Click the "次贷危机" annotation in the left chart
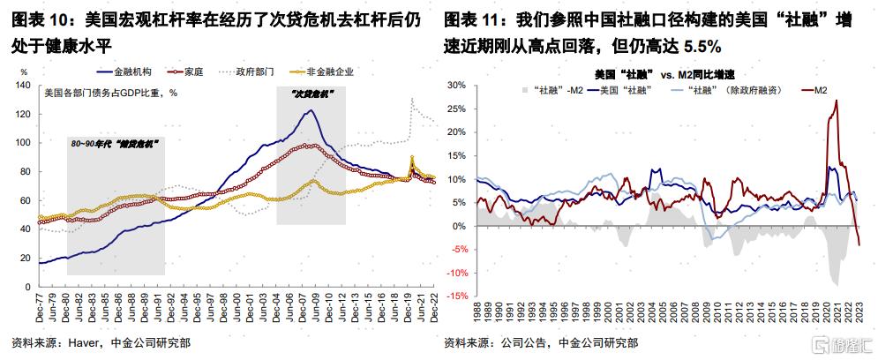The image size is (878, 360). coord(310,91)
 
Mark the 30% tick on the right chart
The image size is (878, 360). coord(460,86)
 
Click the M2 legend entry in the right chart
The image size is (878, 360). coord(814,89)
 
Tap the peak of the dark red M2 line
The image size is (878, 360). coord(836,101)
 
